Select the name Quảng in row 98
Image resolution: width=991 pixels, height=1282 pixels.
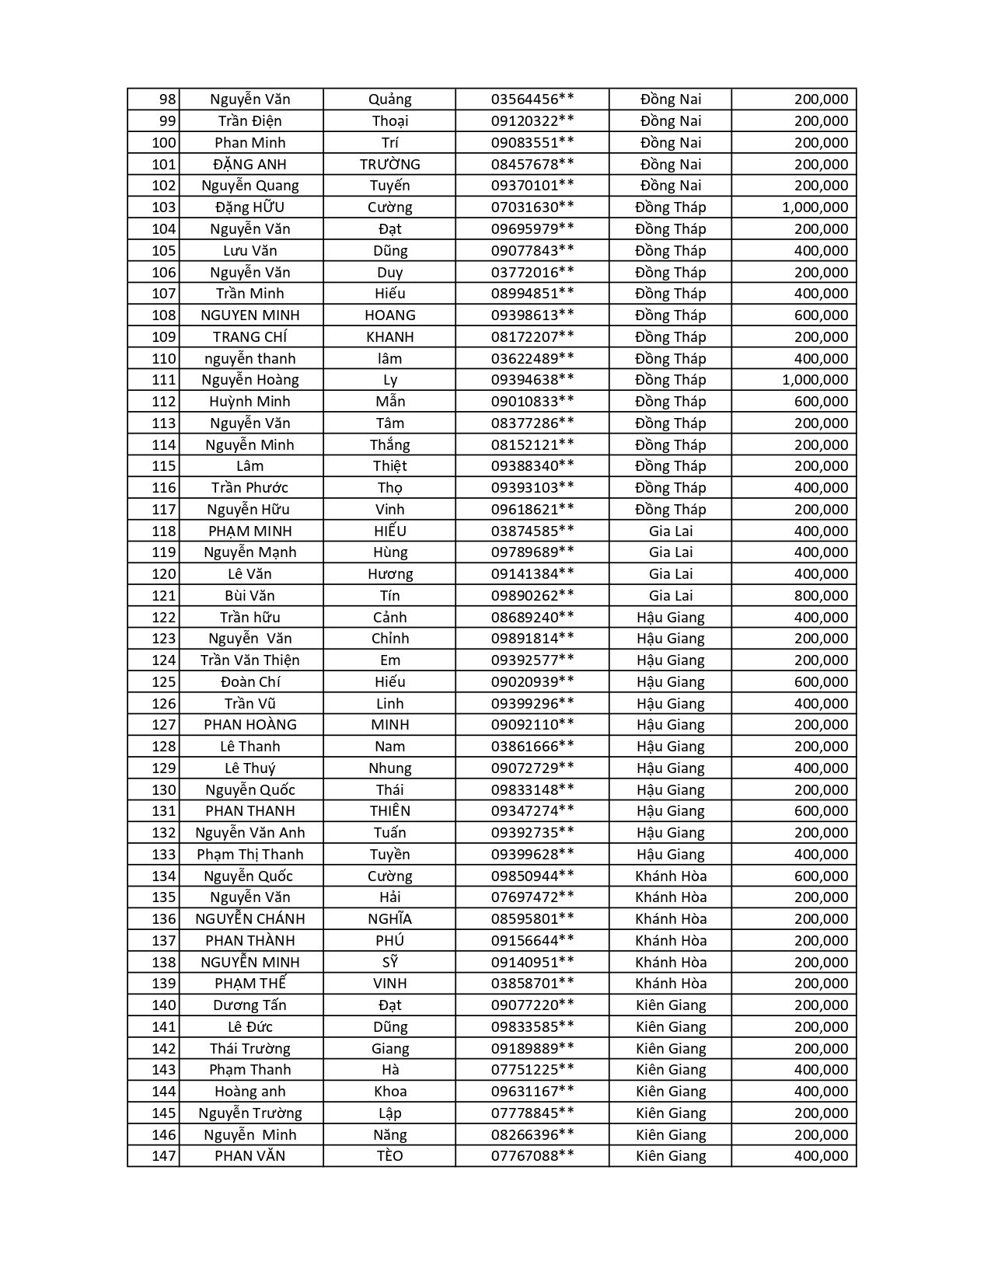coord(389,99)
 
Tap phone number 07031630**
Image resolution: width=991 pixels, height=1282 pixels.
coord(532,207)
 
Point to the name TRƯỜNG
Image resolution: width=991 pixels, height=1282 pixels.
coord(389,164)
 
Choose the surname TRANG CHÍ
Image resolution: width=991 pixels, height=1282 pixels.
coord(249,336)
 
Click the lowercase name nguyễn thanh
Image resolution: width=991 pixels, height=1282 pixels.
coord(249,358)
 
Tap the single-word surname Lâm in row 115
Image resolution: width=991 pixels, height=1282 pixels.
coord(249,466)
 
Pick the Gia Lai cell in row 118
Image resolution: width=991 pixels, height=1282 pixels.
coord(670,531)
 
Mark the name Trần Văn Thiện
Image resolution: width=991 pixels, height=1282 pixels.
coord(249,660)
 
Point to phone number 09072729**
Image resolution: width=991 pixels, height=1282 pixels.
coord(532,768)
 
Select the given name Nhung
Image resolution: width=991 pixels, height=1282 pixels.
coord(389,768)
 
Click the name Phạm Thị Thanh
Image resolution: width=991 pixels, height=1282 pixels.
coord(249,855)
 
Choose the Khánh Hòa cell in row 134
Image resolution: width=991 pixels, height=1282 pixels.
coord(670,876)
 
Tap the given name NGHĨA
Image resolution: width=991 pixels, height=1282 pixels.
coord(389,919)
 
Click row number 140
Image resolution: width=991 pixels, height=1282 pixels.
coord(164,1005)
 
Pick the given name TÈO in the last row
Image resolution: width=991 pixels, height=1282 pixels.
coord(389,1156)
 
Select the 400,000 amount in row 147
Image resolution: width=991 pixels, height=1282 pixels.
coord(821,1156)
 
